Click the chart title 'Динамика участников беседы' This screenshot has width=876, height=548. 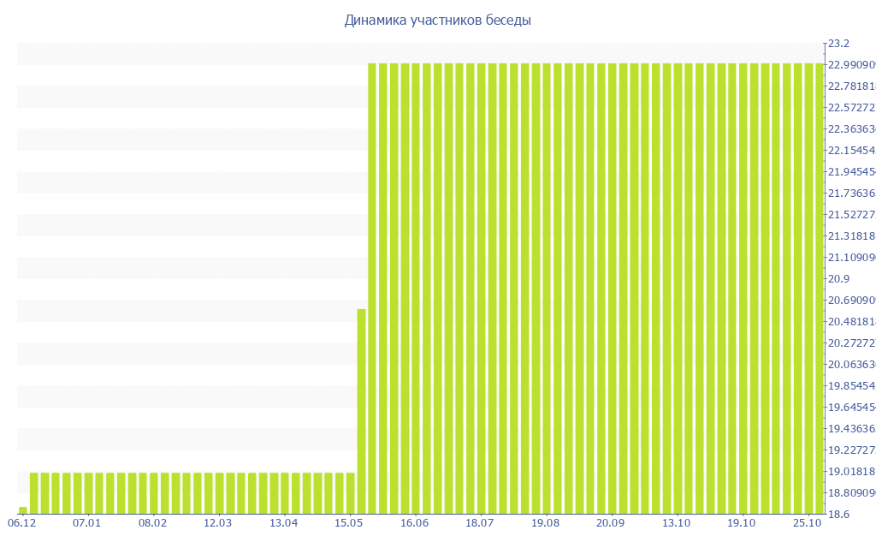pos(437,21)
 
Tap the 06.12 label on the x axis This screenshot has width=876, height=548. pos(22,522)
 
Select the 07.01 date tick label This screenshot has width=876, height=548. pos(86,522)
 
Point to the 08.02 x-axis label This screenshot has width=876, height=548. pos(152,522)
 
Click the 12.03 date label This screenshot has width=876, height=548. pos(218,522)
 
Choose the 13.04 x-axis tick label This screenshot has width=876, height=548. pos(283,522)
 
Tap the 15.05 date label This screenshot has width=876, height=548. pos(349,522)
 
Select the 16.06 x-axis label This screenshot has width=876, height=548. pos(414,522)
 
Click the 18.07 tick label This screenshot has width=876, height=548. pos(480,522)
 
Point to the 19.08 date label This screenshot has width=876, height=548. pos(545,522)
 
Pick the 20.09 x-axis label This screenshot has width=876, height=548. pos(611,522)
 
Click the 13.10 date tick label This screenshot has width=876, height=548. pos(676,522)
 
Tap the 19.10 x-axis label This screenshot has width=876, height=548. pos(742,522)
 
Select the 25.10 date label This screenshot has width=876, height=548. pos(807,522)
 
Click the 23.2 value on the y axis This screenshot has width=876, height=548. pos(838,44)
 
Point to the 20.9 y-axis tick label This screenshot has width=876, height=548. pos(838,279)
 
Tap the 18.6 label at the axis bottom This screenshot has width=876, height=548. pos(838,515)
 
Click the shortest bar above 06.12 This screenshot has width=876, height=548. pos(23,510)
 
